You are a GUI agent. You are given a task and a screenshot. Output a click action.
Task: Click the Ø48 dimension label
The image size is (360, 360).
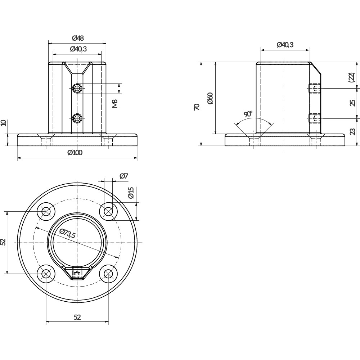click(78, 38)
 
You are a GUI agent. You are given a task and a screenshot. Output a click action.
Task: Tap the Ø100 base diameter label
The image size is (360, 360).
click(75, 152)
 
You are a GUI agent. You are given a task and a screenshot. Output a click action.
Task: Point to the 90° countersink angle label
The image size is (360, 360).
click(248, 114)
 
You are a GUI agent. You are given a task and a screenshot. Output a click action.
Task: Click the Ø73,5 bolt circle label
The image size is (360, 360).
click(67, 234)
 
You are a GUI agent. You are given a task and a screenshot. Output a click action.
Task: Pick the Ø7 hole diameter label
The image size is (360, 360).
click(124, 176)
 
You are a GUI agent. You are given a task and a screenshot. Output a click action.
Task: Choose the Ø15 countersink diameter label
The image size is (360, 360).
click(130, 193)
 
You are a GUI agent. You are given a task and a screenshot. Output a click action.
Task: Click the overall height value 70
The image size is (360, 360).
click(197, 107)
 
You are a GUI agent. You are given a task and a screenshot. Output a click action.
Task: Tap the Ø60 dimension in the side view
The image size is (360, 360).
click(210, 98)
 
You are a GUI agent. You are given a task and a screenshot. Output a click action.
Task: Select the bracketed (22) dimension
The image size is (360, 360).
click(351, 77)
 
